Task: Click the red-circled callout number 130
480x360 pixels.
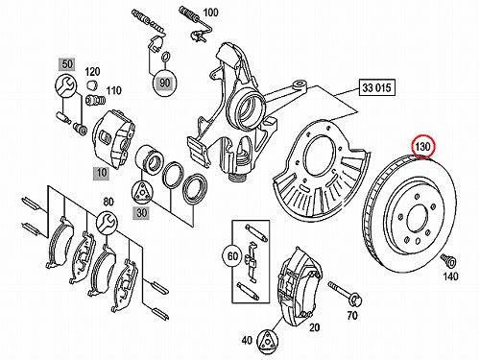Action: tap(423, 147)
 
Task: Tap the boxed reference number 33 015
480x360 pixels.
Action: tap(377, 87)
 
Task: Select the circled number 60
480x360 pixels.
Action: tap(233, 256)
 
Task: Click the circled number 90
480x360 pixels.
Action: tap(164, 83)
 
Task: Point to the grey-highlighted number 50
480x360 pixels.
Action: tap(67, 64)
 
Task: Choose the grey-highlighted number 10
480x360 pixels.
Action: tap(101, 173)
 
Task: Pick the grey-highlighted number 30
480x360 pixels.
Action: tap(141, 212)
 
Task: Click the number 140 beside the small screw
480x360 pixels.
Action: tap(450, 276)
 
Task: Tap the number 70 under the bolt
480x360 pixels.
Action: tap(352, 315)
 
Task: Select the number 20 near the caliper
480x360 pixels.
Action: tap(314, 327)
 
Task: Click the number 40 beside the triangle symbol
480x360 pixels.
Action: tap(247, 341)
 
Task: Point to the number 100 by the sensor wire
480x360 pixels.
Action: tap(211, 12)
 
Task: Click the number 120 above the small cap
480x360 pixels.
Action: tap(92, 71)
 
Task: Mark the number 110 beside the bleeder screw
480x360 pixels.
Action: tap(114, 90)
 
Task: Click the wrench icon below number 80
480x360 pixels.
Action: tap(108, 222)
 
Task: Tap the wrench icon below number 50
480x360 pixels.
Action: tap(66, 85)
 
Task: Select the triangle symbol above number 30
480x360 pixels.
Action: tap(142, 192)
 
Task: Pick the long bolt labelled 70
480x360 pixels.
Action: tap(346, 293)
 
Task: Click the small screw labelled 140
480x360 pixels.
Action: tap(448, 260)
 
